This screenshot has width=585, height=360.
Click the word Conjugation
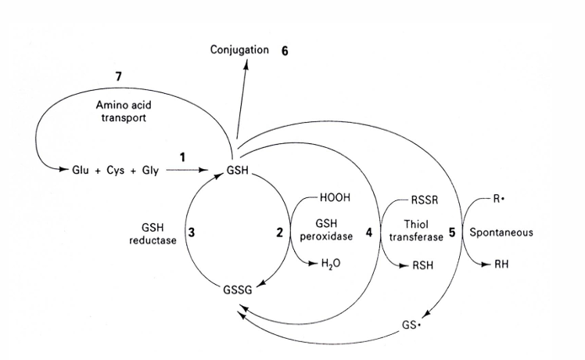[239, 50]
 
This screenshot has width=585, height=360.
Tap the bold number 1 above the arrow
[182, 157]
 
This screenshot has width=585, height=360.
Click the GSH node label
[236, 169]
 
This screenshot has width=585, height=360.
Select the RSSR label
[424, 200]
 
